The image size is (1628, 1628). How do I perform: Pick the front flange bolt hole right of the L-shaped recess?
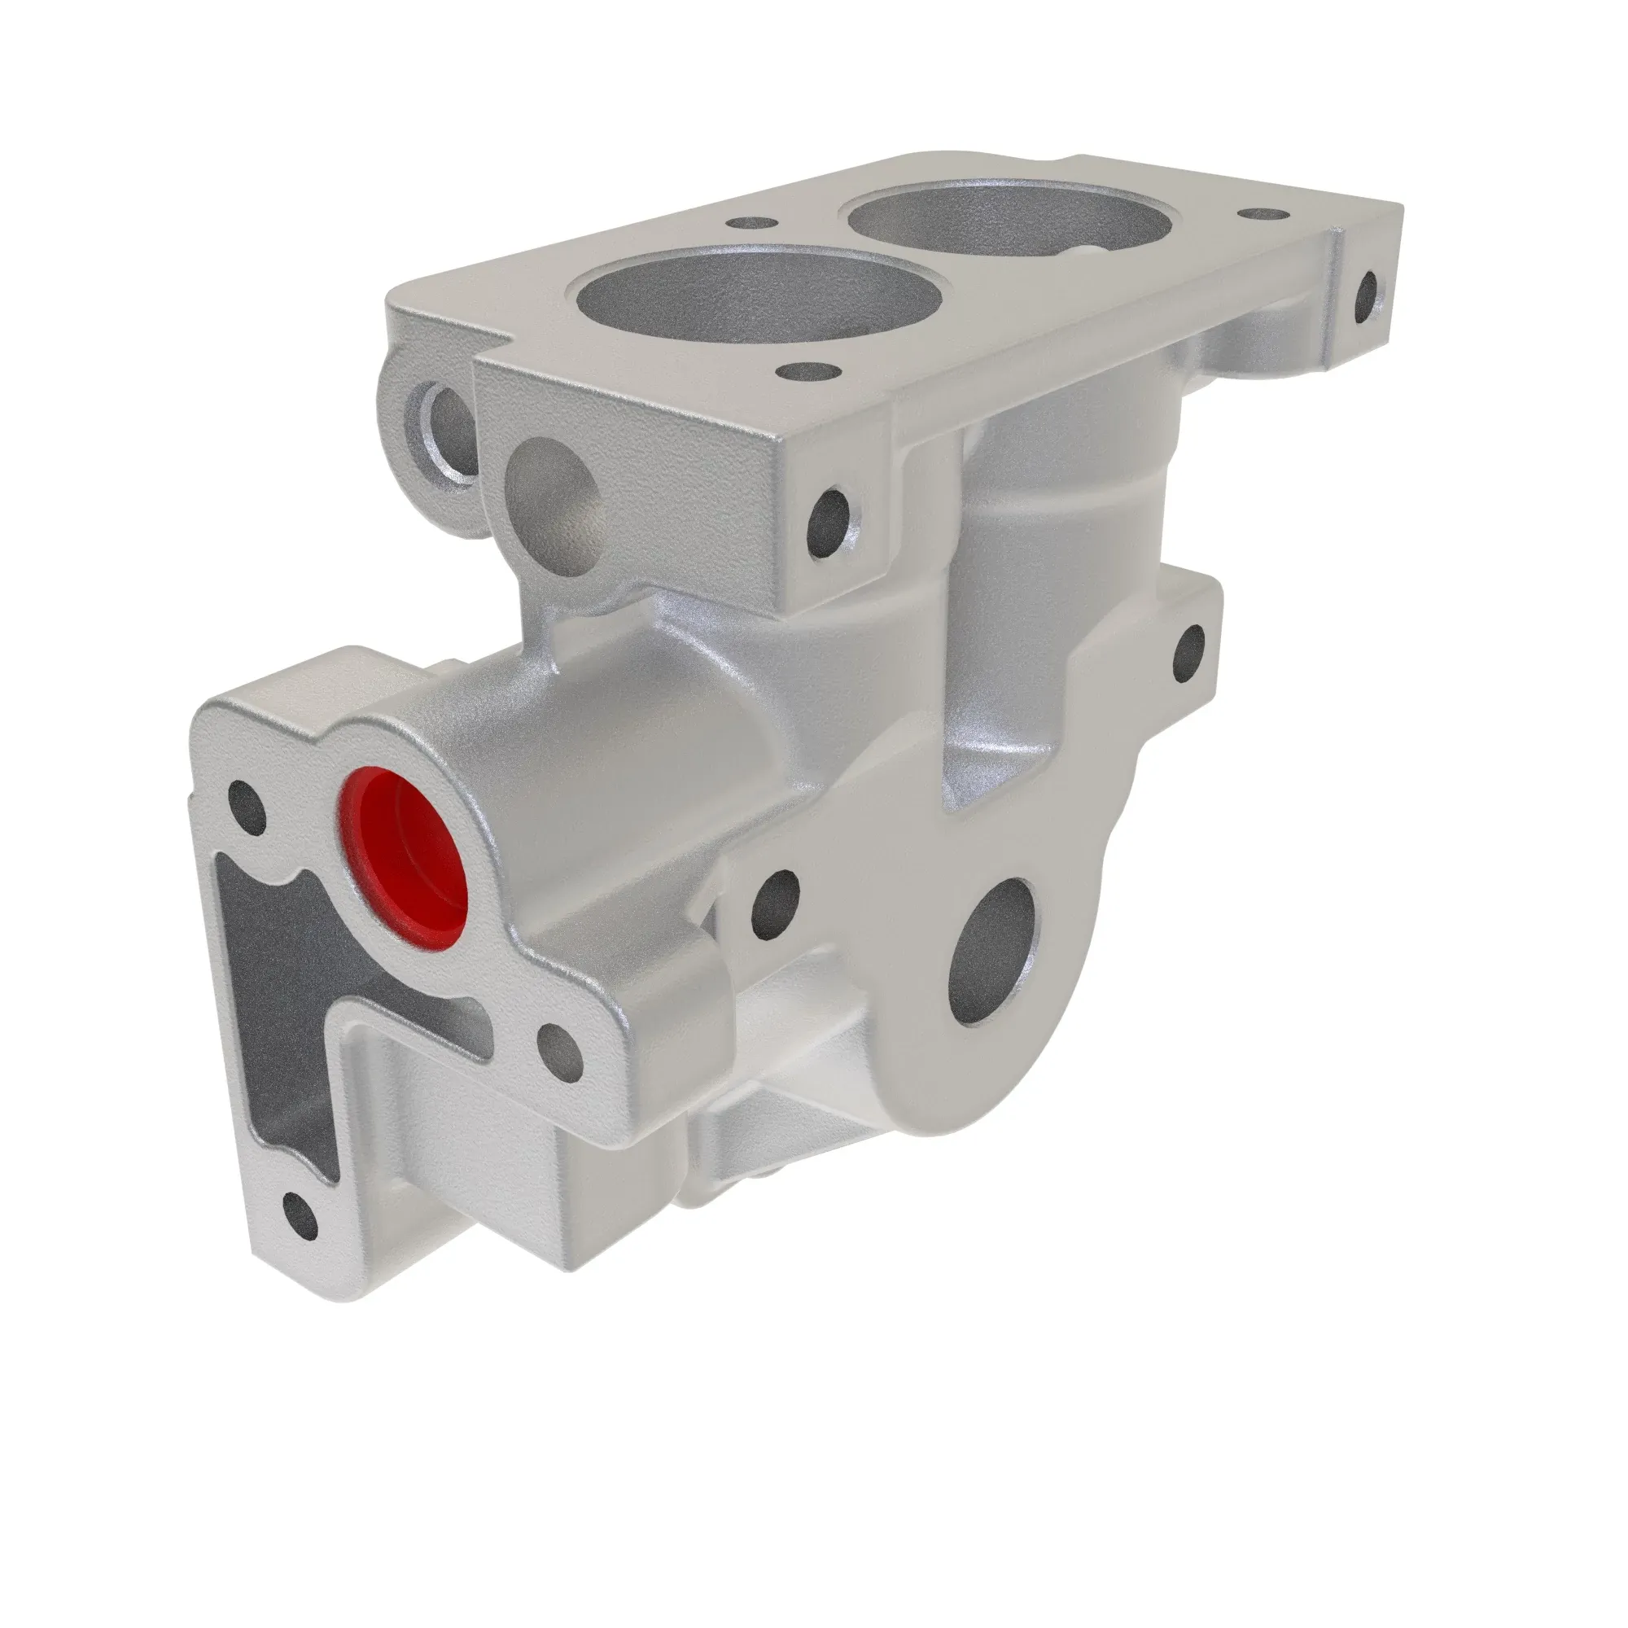click(559, 1053)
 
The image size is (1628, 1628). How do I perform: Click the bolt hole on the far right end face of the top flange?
click(1367, 298)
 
